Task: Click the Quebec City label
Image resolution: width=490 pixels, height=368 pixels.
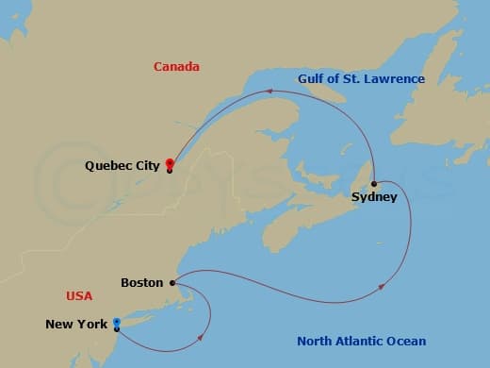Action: tap(121, 165)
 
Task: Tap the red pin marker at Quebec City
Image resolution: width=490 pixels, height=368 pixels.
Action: tap(170, 162)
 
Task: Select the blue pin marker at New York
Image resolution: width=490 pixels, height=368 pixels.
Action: tap(116, 323)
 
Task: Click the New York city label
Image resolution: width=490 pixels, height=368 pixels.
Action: tap(76, 325)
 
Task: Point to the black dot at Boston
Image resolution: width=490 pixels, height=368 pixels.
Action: tap(171, 282)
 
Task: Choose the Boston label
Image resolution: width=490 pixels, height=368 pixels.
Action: tap(141, 282)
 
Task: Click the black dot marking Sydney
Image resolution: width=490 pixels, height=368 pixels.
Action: tap(374, 183)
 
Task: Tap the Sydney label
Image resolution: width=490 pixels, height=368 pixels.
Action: tap(373, 197)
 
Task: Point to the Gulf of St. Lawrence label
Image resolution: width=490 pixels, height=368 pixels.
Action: tap(361, 79)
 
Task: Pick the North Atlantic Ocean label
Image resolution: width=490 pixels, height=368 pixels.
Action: tap(361, 341)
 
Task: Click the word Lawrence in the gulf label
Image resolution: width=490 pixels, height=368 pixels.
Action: tap(394, 79)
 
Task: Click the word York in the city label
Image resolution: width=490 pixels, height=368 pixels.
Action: tap(92, 325)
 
